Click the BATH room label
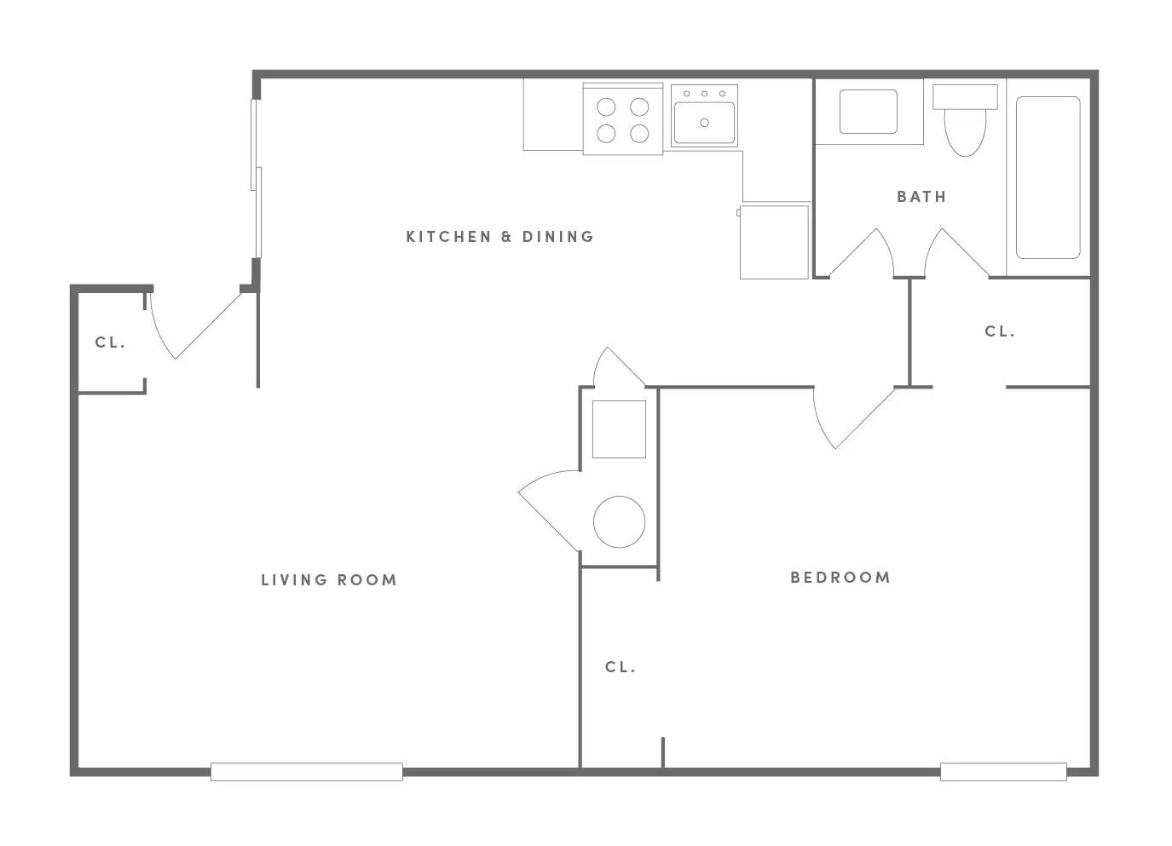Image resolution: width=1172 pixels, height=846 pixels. point(921,197)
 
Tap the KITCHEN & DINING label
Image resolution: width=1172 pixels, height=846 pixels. point(500,237)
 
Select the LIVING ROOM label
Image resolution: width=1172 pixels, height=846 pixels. point(329,580)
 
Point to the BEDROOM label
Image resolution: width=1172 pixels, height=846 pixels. point(840,578)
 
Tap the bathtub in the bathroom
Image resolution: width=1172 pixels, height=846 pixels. point(1048,177)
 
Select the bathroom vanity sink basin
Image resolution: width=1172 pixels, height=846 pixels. point(869,112)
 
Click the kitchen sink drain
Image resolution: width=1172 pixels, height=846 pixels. point(704,123)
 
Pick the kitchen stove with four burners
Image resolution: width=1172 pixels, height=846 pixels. point(622,118)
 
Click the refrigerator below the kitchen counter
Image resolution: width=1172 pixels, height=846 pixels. point(774,242)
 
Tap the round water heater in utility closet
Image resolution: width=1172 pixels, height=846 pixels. point(619,521)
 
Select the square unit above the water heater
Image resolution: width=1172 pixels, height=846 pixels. point(619,429)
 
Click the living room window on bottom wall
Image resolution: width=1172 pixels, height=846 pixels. point(307,772)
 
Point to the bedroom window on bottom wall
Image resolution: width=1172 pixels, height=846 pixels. point(1003,772)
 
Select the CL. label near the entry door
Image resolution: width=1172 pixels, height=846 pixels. point(111,342)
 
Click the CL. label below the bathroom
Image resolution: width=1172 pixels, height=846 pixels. point(1000,331)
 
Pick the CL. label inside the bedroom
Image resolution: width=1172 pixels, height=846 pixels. point(621,667)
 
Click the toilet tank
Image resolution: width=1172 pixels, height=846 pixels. point(965,97)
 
